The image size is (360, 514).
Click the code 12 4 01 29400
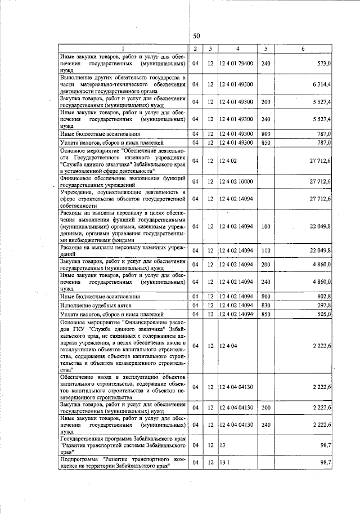point(236,64)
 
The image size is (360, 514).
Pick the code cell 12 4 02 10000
point(236,181)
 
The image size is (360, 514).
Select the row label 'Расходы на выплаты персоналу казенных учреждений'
point(123,251)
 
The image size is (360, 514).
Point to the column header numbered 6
point(303,48)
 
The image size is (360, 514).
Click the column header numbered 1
point(123,48)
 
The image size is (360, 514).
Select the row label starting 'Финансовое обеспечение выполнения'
point(123,181)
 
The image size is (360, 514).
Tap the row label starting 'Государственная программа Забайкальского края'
point(123,445)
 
